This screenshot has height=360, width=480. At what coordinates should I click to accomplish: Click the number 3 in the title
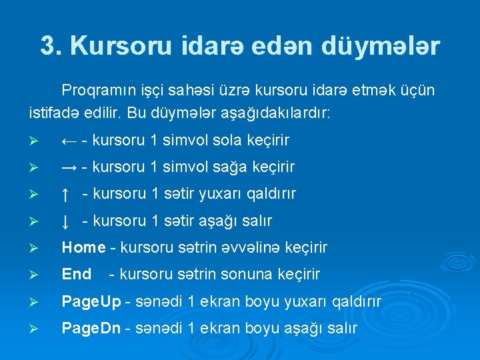tap(48, 46)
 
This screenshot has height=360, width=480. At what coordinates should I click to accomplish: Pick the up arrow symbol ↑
tap(65, 194)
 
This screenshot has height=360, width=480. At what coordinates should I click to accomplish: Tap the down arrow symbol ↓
tap(65, 221)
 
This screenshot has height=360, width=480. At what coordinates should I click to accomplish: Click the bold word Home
tap(83, 247)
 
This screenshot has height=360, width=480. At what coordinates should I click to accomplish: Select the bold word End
tap(76, 274)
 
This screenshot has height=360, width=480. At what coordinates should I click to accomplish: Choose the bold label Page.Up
tap(91, 302)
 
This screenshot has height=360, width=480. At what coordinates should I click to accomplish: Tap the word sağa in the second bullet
tap(217, 167)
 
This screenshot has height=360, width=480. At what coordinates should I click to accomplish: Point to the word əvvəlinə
tap(256, 247)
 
